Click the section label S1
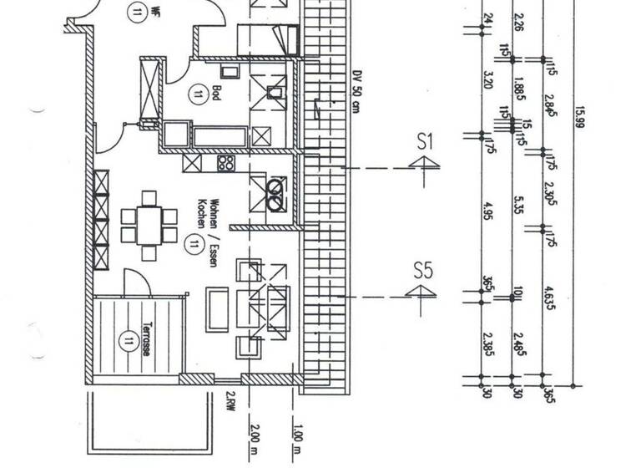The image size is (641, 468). [426, 142]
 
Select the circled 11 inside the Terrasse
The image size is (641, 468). [128, 340]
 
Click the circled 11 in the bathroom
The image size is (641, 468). [199, 94]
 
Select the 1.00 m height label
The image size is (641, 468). [297, 439]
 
